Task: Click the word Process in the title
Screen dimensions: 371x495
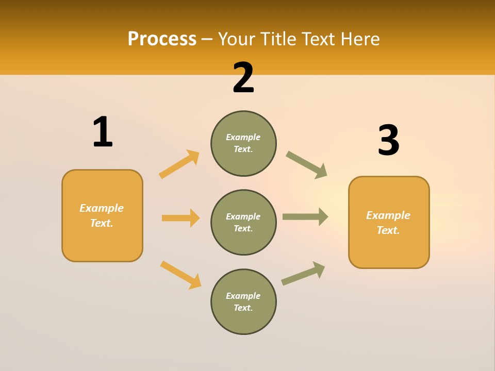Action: (162, 39)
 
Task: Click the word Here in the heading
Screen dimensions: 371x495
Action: (357, 39)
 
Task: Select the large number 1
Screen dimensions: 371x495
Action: (103, 132)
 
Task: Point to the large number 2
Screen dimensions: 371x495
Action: (243, 78)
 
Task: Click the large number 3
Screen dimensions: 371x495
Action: (388, 141)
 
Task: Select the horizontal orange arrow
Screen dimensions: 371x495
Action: (180, 218)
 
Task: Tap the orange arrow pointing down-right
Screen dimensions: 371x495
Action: (180, 275)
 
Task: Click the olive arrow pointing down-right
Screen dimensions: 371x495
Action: (307, 165)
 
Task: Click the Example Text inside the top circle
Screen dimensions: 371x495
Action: (243, 143)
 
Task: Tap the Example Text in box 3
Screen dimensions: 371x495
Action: (388, 223)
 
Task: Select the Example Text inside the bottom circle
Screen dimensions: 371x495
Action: (243, 302)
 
